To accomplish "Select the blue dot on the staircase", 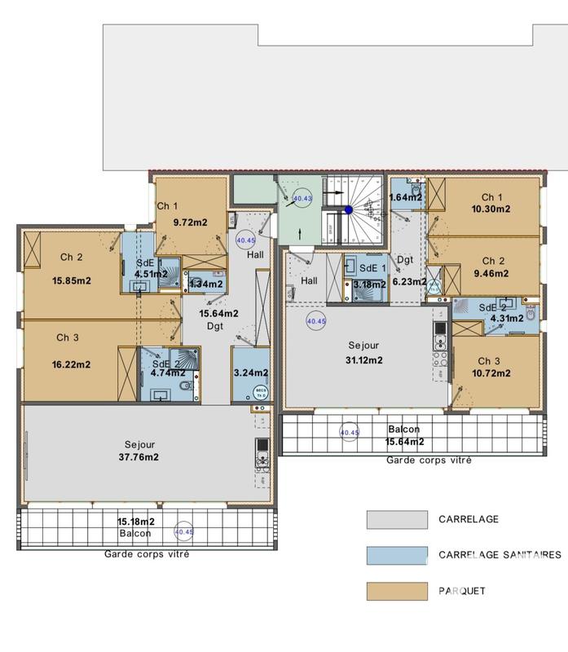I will [348, 209].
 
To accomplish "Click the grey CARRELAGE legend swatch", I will [397, 520].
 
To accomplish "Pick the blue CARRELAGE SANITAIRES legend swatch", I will [397, 555].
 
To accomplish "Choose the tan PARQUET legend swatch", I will [397, 591].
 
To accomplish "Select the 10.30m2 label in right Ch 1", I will [491, 209].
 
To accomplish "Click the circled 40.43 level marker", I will [302, 198].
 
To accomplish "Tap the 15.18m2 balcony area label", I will [134, 521].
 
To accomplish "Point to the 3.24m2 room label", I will [250, 374].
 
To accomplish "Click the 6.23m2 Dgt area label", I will [408, 282].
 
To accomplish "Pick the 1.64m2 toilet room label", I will [405, 197].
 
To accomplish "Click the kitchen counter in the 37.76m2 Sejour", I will [262, 456].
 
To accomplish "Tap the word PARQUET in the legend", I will [461, 591].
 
